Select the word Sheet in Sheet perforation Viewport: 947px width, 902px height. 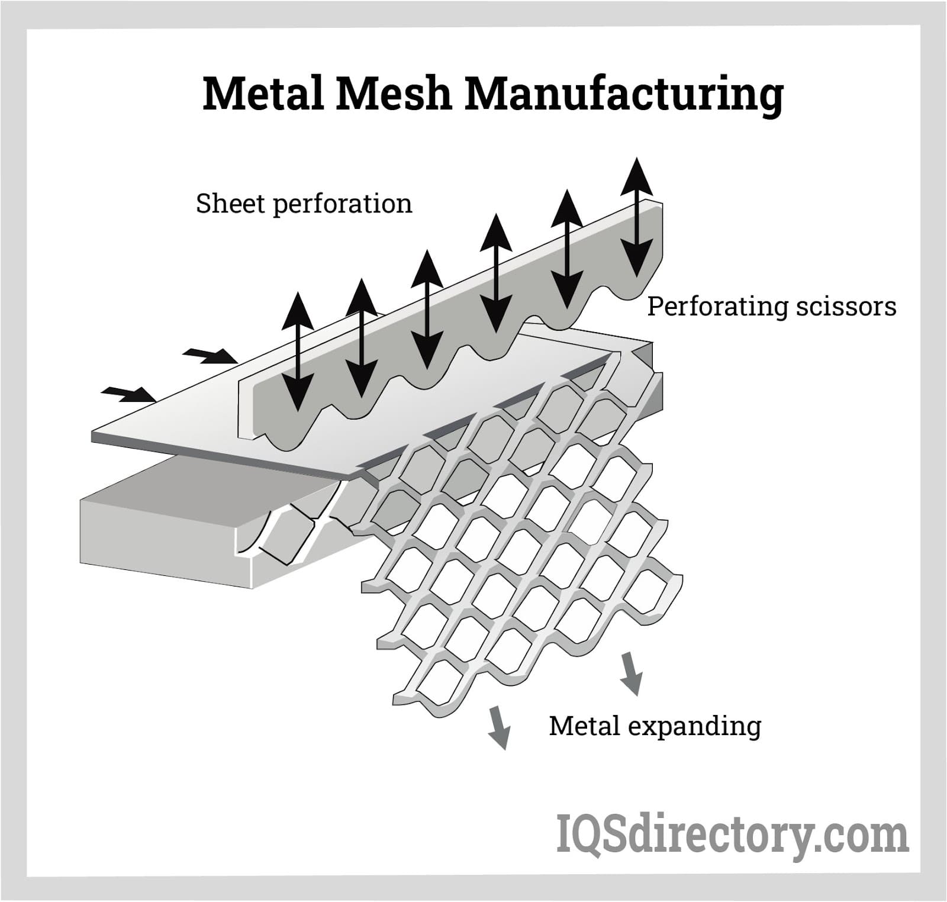point(230,204)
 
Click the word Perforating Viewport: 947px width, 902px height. point(717,307)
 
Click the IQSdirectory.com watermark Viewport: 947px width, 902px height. point(732,835)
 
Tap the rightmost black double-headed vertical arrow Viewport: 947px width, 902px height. point(637,217)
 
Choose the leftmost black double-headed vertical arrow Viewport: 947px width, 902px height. point(297,352)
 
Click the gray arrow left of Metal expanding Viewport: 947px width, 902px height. point(499,727)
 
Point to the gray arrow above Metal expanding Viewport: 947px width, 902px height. point(632,673)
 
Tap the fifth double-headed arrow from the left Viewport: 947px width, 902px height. point(567,249)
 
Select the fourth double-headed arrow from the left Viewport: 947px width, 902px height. point(496,275)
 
